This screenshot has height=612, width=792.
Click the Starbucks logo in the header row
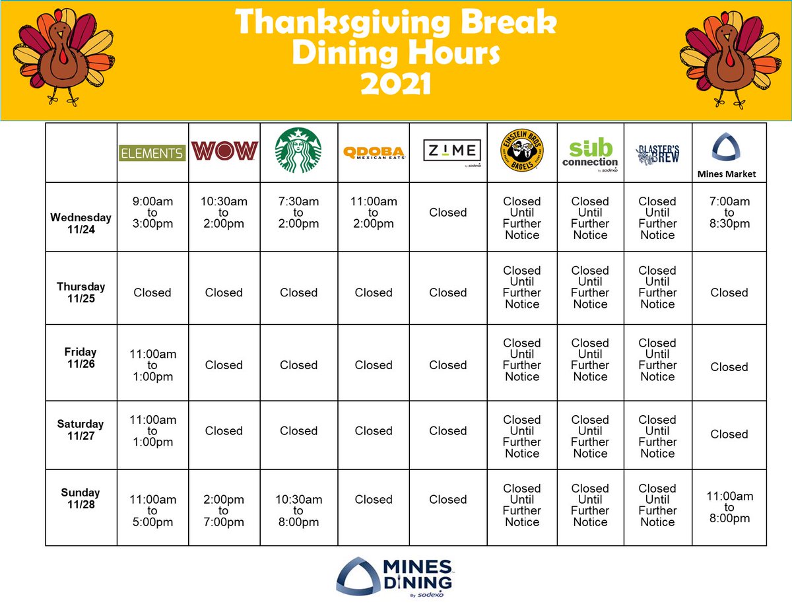tap(298, 151)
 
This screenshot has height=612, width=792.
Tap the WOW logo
tap(224, 151)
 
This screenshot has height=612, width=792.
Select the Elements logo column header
tap(152, 153)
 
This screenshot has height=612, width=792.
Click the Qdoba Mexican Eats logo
tap(374, 153)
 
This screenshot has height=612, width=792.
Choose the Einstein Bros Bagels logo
tap(521, 151)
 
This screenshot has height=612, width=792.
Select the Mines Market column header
tap(729, 156)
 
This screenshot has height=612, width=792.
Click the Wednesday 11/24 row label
tap(81, 222)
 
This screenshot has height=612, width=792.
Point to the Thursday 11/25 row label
tap(81, 292)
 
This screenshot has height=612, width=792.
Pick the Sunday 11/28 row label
tap(81, 498)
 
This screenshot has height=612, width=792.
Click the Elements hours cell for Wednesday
tap(152, 213)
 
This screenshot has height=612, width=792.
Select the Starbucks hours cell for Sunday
tap(298, 510)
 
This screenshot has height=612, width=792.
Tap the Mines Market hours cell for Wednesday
tap(729, 213)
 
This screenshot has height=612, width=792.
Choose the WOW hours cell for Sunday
tap(224, 510)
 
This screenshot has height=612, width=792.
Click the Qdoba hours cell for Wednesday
tap(374, 213)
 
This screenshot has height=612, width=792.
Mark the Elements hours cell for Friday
tap(152, 365)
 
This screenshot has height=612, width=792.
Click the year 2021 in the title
tap(395, 83)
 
